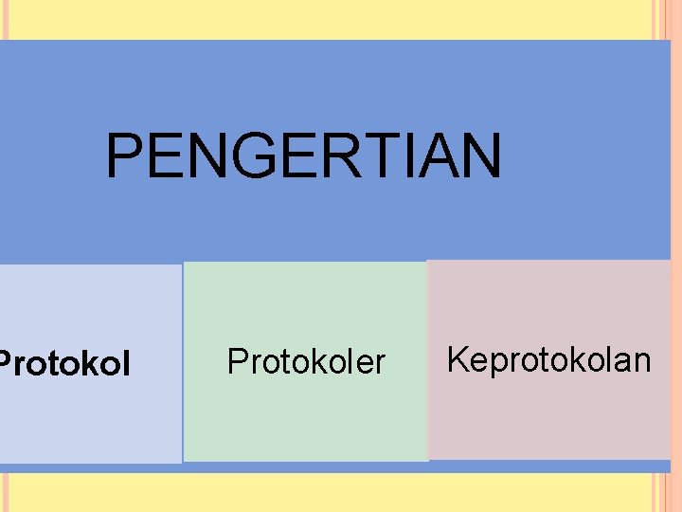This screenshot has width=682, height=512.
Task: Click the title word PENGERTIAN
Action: click(x=303, y=156)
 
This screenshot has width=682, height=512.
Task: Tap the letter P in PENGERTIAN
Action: click(x=124, y=156)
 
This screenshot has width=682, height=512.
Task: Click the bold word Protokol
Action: click(x=64, y=363)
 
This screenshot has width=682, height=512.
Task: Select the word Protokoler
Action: click(x=306, y=361)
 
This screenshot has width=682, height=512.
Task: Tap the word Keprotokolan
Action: click(x=548, y=360)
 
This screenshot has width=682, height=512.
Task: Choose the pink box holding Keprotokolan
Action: click(x=549, y=417)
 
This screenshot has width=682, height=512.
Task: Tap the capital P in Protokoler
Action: click(x=237, y=361)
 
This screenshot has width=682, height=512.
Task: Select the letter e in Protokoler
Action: click(x=366, y=363)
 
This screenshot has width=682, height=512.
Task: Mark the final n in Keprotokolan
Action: click(x=642, y=362)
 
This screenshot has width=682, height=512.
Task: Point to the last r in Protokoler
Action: click(x=381, y=363)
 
